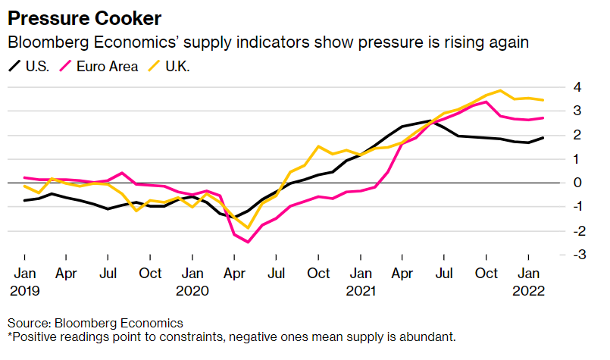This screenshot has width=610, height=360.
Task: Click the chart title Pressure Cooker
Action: [84, 18]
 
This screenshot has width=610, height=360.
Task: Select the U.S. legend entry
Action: [30, 66]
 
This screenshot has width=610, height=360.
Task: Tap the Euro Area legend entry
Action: [99, 66]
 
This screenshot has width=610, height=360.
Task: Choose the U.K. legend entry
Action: [169, 66]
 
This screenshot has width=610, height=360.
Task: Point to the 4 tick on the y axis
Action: [577, 87]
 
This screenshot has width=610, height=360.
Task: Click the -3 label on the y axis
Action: [580, 254]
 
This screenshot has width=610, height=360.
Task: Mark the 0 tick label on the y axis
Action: [577, 182]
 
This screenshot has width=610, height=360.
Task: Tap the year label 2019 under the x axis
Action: [24, 291]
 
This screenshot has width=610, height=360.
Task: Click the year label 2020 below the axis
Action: [192, 291]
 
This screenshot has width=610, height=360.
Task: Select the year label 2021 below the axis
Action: [361, 291]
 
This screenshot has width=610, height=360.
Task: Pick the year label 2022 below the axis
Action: [529, 291]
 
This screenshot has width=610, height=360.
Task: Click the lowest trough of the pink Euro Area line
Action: [248, 242]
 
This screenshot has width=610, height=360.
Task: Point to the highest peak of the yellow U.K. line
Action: [500, 91]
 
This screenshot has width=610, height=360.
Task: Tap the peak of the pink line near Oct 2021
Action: [486, 102]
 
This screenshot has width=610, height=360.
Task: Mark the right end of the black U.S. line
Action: [543, 138]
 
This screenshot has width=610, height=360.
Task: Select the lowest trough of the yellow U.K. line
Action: [248, 228]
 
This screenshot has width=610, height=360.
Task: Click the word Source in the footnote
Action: [30, 323]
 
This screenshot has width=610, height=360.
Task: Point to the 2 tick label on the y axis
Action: [577, 135]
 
